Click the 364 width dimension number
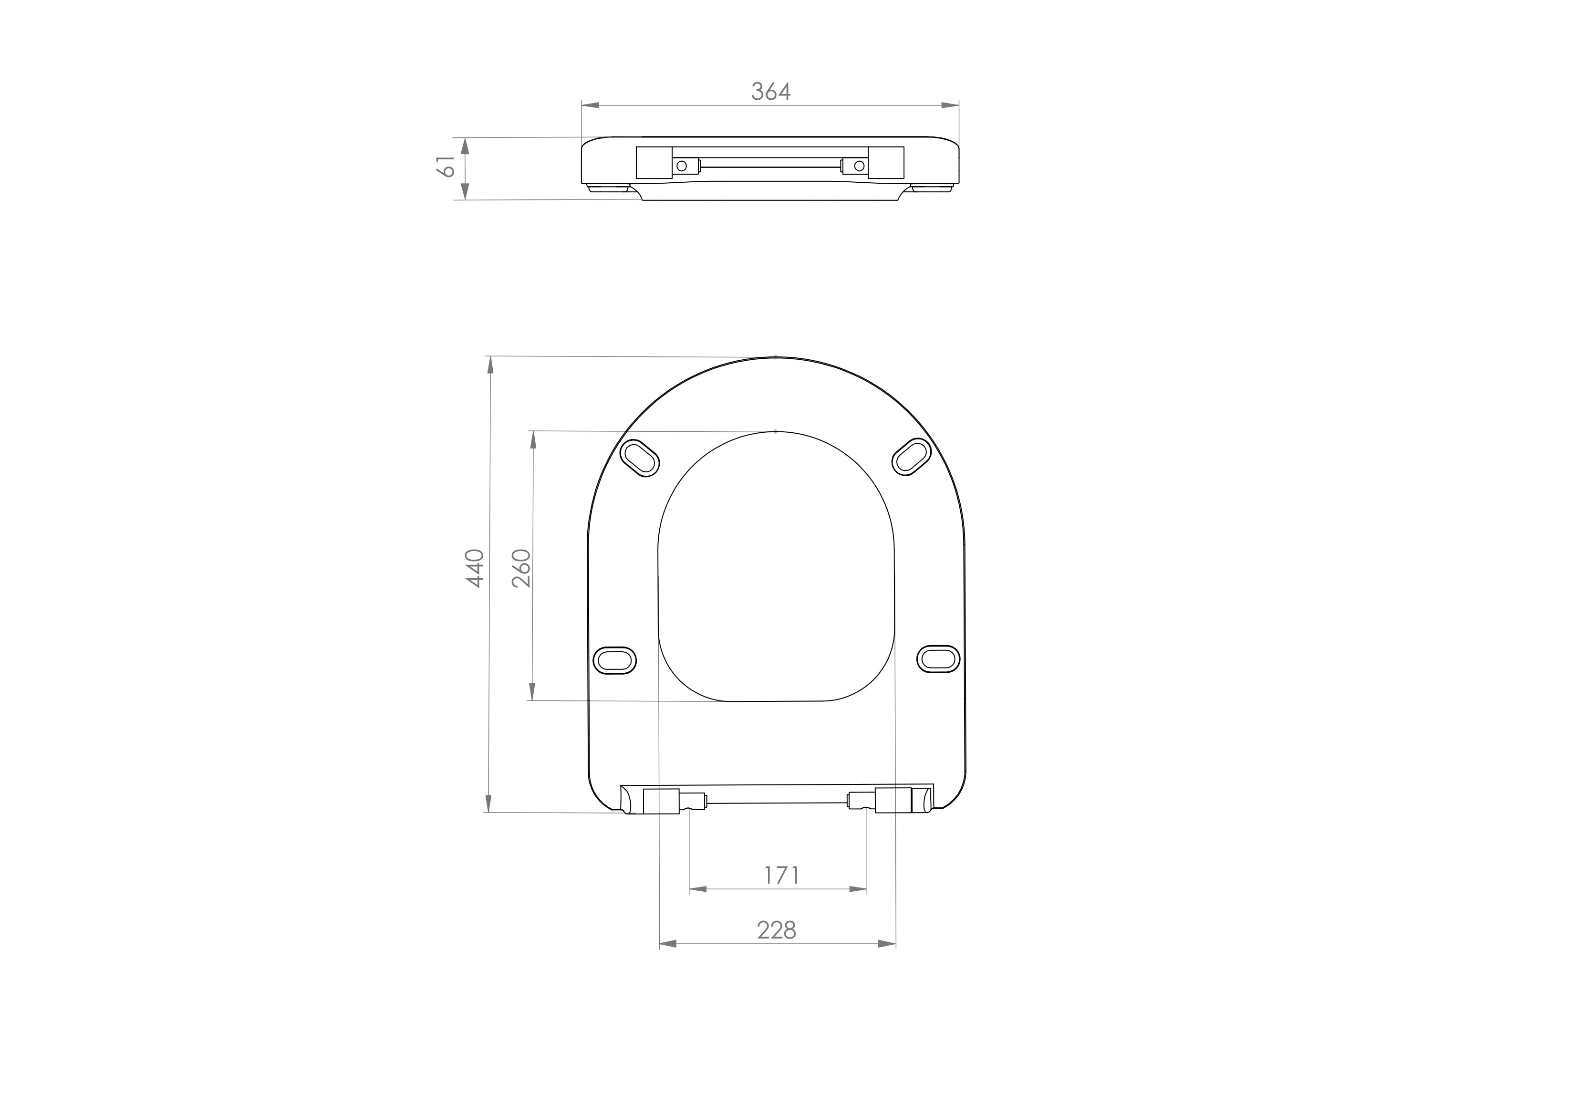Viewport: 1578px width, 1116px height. [770, 92]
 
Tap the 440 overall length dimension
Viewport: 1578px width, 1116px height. [476, 568]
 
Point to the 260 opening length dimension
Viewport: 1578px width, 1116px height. [522, 568]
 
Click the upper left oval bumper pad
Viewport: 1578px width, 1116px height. [640, 457]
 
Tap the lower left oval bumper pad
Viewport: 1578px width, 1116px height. [614, 661]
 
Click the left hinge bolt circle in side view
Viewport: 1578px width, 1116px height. [682, 166]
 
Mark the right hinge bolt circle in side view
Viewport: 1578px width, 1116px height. [859, 166]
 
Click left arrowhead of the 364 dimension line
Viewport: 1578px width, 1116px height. [591, 105]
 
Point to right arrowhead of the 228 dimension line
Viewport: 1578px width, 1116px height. [887, 944]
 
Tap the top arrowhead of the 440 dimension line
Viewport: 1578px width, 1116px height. [490, 365]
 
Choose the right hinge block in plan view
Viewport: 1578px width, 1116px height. [893, 801]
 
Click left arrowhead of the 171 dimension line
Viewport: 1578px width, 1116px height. [697, 889]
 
